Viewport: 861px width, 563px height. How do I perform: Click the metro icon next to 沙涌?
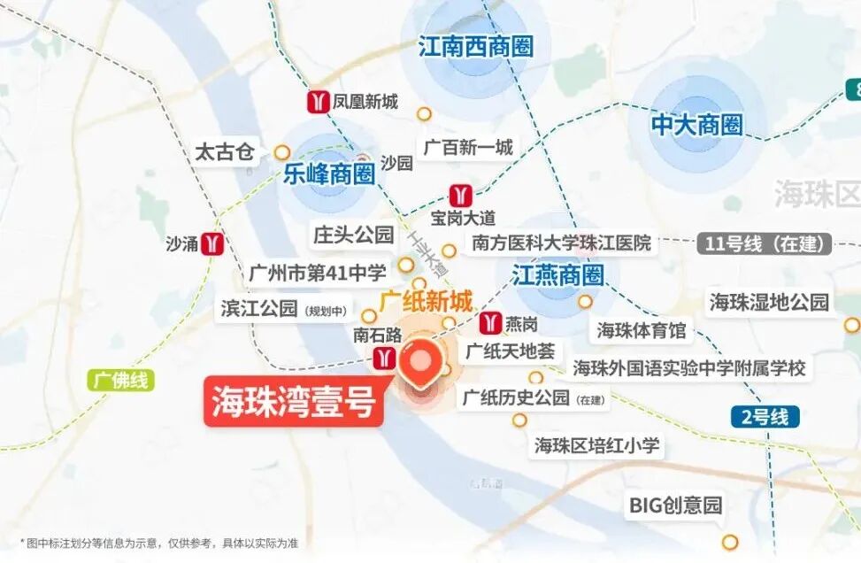click(x=212, y=243)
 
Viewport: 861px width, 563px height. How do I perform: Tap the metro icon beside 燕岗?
click(x=488, y=322)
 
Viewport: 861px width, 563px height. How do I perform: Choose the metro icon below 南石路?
click(x=385, y=357)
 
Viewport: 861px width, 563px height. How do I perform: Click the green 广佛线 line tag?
click(x=121, y=382)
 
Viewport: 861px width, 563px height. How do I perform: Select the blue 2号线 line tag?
click(x=765, y=416)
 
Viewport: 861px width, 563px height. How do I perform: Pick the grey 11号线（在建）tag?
click(x=765, y=243)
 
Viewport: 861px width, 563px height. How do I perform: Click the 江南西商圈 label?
click(x=476, y=46)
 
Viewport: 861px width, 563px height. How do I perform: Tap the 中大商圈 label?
click(x=696, y=125)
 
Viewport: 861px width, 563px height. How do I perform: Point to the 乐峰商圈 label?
click(x=329, y=174)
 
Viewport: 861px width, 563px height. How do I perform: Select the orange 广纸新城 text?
click(x=426, y=300)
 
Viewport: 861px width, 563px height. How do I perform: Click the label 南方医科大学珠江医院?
click(x=561, y=243)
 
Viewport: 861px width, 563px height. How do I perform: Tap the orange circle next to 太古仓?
click(x=281, y=152)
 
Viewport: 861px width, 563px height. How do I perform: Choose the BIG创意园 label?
click(x=675, y=505)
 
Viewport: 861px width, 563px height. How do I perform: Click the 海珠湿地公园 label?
click(x=769, y=302)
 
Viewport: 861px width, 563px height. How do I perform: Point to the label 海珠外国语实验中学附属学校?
click(x=689, y=367)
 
